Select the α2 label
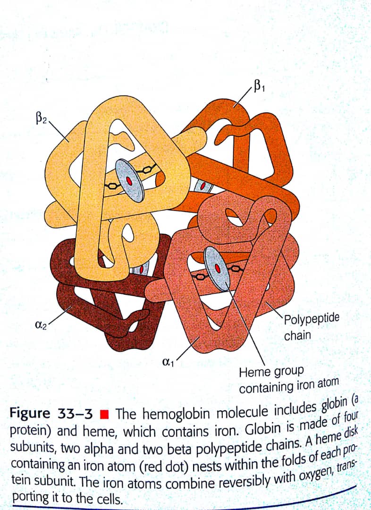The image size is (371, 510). [41, 325]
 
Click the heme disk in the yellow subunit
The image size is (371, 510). [130, 180]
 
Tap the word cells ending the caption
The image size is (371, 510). [110, 498]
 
